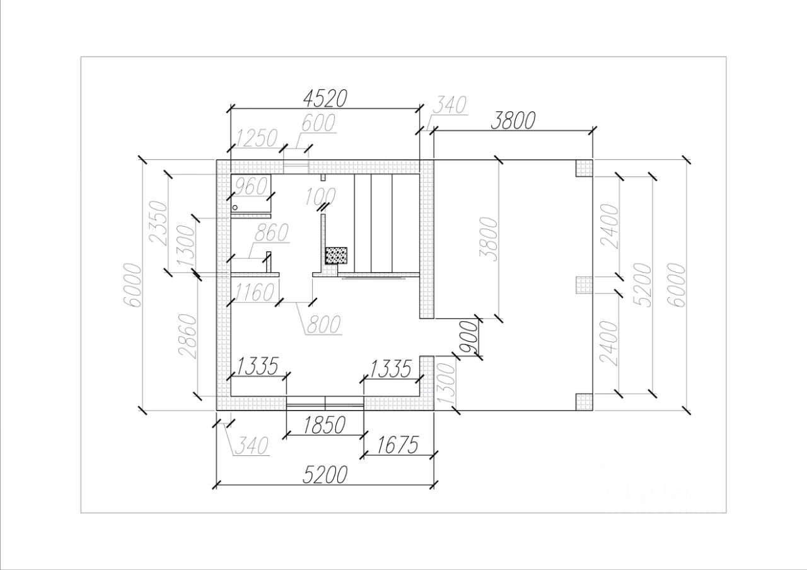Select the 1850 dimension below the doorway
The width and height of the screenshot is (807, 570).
pos(324,425)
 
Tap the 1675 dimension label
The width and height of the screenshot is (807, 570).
pos(397,445)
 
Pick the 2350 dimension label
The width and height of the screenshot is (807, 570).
pos(160,224)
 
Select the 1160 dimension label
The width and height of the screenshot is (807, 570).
pos(254,292)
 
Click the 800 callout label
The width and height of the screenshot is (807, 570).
pos(323,324)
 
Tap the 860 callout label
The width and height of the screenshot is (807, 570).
pos(271,232)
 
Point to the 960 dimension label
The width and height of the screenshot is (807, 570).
pos(251,186)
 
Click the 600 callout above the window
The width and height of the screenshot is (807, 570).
pos(318,123)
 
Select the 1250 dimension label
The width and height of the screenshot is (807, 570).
pos(257,138)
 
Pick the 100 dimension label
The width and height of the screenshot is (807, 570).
pos(320,197)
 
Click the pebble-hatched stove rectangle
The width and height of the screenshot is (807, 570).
pos(337,256)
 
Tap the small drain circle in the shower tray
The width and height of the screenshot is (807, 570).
pos(236,207)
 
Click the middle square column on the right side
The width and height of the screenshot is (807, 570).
pos(584,285)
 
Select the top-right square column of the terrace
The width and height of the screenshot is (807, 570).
pos(584,168)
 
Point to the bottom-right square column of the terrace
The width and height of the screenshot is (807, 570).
pos(584,402)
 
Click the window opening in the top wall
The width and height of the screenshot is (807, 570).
pos(296,167)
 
